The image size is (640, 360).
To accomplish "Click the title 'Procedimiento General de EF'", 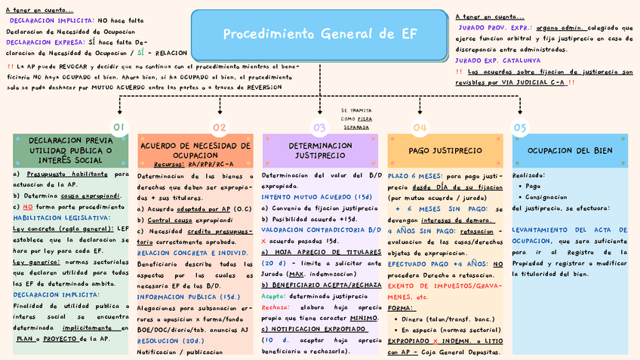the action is [x=320, y=35].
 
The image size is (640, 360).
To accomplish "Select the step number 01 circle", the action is [x=119, y=128].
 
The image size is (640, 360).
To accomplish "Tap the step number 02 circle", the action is [x=219, y=128].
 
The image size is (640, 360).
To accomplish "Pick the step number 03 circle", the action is [x=319, y=128].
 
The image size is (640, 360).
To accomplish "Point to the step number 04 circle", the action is [x=420, y=128].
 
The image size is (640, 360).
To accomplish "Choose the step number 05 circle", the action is [x=520, y=128].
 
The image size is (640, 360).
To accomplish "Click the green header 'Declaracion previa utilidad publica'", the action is [x=69, y=150].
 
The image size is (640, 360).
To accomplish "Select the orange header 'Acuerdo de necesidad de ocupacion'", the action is [x=195, y=150].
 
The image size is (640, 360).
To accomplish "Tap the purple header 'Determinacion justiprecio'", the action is [x=320, y=150].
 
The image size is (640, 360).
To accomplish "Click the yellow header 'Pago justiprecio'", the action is [x=445, y=150].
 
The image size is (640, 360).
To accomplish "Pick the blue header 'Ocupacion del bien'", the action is [x=570, y=150].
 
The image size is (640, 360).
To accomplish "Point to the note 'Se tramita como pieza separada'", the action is [x=356, y=118].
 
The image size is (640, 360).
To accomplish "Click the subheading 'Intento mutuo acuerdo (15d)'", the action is [x=306, y=196].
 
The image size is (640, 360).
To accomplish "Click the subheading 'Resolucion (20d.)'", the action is [x=168, y=340].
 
